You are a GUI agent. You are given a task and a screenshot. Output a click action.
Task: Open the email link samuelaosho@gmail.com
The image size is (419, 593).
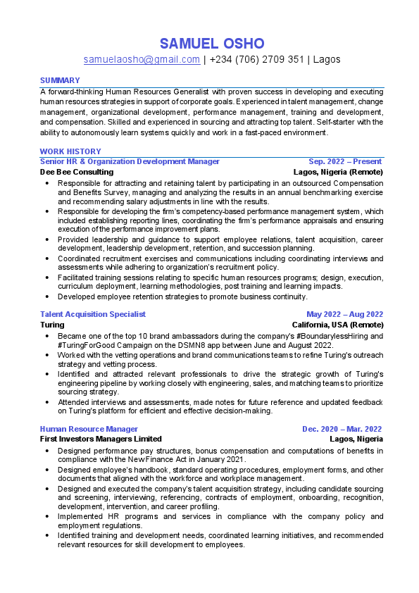click(x=142, y=60)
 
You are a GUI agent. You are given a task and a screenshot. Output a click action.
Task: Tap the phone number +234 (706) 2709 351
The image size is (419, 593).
click(x=256, y=60)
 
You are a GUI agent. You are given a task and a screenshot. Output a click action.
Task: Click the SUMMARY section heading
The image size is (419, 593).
click(x=60, y=80)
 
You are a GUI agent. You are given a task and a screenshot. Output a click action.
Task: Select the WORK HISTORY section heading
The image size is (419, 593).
click(x=70, y=151)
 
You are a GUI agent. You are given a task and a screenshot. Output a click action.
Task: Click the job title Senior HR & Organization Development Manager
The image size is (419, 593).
click(x=130, y=161)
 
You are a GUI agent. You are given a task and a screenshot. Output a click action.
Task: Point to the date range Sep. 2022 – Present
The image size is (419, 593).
click(x=345, y=161)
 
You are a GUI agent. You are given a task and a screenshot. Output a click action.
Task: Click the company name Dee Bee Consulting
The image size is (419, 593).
click(x=77, y=171)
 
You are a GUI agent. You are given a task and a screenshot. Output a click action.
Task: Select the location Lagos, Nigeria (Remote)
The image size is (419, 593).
click(x=338, y=171)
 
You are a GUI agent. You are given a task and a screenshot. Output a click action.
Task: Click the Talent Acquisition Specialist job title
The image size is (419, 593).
click(x=93, y=314)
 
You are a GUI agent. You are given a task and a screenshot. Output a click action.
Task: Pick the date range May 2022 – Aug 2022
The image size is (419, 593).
click(x=344, y=314)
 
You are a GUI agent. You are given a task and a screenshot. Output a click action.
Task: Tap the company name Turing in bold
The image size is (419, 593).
click(x=52, y=325)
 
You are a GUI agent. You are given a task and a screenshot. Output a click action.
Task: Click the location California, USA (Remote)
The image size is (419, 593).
click(x=337, y=325)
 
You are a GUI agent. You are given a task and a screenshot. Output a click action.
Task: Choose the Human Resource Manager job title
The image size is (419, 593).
click(x=89, y=429)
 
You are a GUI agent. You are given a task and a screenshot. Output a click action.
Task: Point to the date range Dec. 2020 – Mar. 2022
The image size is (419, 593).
click(x=342, y=429)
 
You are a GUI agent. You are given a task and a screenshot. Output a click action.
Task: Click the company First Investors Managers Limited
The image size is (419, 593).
click(x=101, y=439)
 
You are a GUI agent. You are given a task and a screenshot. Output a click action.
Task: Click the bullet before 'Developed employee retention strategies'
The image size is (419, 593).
click(x=47, y=296)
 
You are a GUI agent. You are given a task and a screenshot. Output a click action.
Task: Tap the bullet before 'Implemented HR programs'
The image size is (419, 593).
click(x=47, y=516)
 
